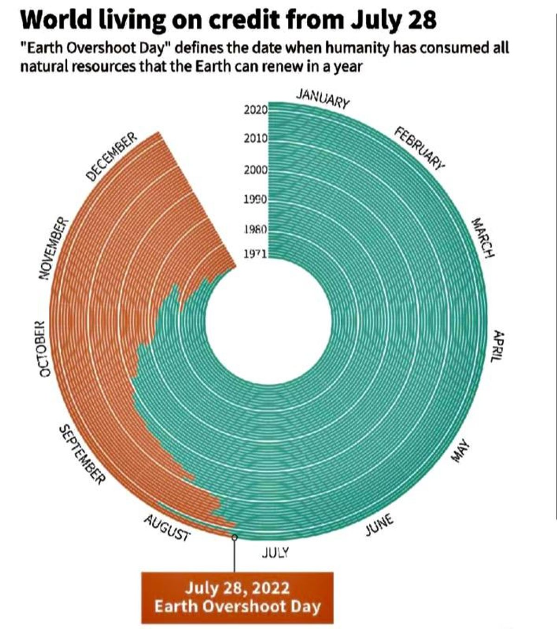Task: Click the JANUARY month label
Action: (x=323, y=98)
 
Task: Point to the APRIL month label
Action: (x=498, y=347)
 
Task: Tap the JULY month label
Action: (x=275, y=552)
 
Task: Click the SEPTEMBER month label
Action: (x=81, y=454)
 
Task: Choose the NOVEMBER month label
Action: (x=52, y=249)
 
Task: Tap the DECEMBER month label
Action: (x=111, y=156)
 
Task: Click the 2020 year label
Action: (x=255, y=110)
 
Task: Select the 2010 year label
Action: (x=255, y=138)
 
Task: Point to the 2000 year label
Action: (x=255, y=170)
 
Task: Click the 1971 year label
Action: (x=254, y=254)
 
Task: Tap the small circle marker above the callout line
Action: (x=234, y=537)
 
